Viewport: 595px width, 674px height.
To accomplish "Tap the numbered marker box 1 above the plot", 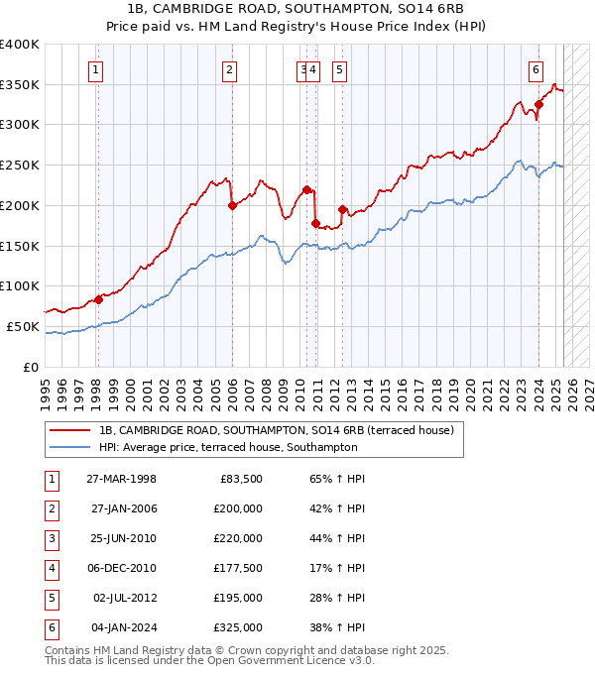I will pos(96,69).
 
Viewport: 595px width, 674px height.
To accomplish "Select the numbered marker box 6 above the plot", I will pos(535,69).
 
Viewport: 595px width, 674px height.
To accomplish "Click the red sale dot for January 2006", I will pos(232,206).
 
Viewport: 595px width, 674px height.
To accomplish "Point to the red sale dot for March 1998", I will pos(98,299).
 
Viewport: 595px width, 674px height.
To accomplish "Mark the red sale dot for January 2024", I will pos(538,104).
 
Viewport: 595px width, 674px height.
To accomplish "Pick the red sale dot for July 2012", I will pos(342,209).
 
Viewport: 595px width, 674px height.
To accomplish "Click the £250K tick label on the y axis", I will pos(19,166).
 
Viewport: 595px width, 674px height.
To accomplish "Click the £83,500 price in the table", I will pos(240,479).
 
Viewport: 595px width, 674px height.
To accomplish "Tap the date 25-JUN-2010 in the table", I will pos(122,538).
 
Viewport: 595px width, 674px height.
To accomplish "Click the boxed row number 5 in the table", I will pos(50,598).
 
